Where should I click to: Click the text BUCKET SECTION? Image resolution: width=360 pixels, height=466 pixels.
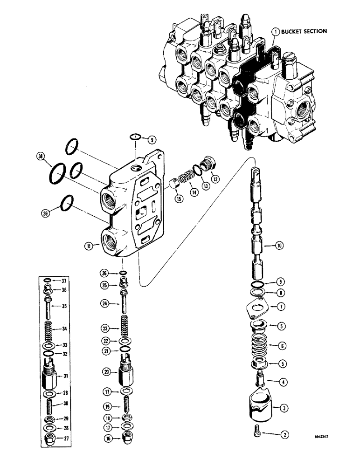(304, 31)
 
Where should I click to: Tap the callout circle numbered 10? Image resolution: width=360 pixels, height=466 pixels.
(279, 245)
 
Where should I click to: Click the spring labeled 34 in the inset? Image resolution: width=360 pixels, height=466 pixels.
(50, 329)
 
